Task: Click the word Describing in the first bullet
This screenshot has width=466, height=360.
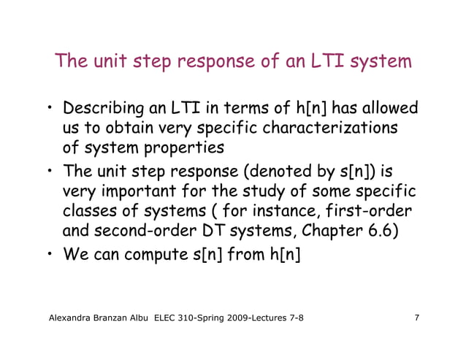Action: point(104,110)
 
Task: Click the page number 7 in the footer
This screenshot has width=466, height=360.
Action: point(416,318)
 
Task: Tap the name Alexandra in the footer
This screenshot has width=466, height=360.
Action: point(74,318)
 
